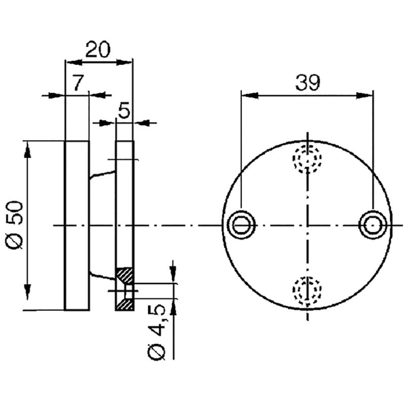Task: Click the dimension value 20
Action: tap(98, 49)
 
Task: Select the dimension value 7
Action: tap(77, 83)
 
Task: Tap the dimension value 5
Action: tap(124, 110)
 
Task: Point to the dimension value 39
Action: tap(308, 83)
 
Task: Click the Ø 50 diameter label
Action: tap(15, 225)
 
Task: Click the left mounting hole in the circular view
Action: tap(241, 225)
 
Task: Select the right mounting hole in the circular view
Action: tap(373, 225)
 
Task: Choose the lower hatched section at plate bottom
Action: tap(125, 305)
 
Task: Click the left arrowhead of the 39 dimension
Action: tap(250, 96)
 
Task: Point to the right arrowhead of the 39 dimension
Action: tap(364, 96)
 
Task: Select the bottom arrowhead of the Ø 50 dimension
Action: tap(27, 292)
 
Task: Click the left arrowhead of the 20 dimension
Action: tap(74, 62)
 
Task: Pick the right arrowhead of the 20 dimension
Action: tap(124, 62)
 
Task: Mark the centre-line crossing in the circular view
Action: tap(307, 225)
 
